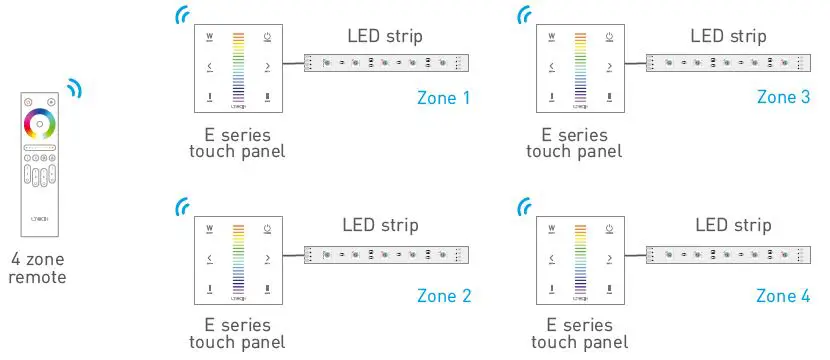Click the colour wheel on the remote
(39, 126)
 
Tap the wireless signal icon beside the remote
(74, 89)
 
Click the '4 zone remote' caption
(37, 268)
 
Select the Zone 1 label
(443, 98)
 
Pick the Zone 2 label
(443, 295)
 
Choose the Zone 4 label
(783, 295)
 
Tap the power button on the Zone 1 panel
(268, 39)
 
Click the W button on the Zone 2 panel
(210, 230)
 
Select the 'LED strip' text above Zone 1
(385, 36)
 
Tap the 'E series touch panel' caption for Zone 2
(237, 333)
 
